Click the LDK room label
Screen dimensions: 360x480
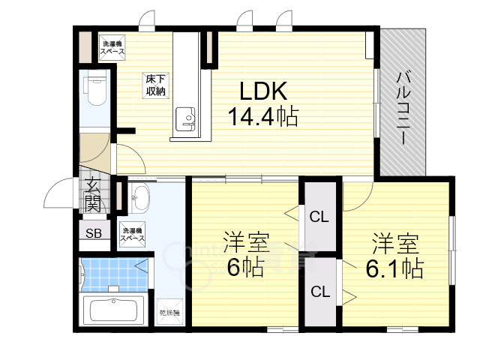coord(262,91)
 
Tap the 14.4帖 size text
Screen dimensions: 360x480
coord(263,117)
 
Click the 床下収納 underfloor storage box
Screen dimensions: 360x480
coord(155,85)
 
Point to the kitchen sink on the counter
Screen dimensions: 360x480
coord(184,118)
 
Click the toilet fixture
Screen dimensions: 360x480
coord(94,90)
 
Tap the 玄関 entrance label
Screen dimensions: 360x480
coord(92,194)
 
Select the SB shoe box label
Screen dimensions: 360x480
coord(94,232)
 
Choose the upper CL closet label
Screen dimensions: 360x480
coord(319,218)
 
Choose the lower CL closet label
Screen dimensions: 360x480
coord(319,292)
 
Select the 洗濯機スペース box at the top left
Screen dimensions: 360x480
coord(114,47)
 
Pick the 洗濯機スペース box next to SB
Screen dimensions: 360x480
coord(133,235)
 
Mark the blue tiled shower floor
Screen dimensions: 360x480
coord(112,274)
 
